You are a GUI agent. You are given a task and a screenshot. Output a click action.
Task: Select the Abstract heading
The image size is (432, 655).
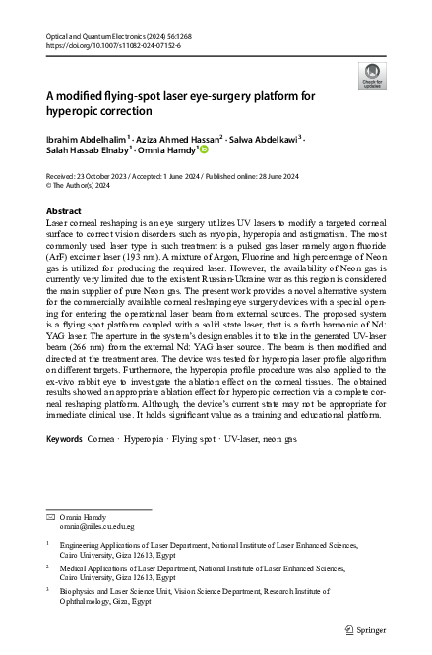(64, 211)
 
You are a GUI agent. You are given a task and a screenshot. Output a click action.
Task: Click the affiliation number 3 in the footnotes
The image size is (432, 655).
(48, 591)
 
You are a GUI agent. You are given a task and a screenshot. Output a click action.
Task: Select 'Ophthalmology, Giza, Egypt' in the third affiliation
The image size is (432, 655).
(105, 602)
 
